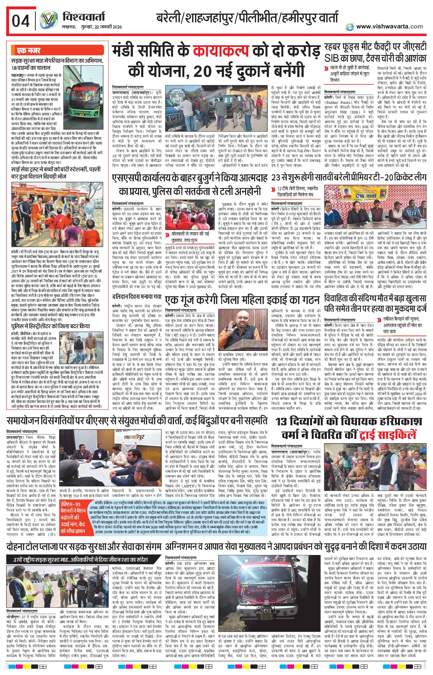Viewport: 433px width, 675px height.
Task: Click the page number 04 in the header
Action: pyautogui.click(x=21, y=21)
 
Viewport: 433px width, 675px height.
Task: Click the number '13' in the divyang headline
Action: pyautogui.click(x=281, y=421)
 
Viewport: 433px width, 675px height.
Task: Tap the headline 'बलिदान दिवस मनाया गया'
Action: pyautogui.click(x=137, y=296)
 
